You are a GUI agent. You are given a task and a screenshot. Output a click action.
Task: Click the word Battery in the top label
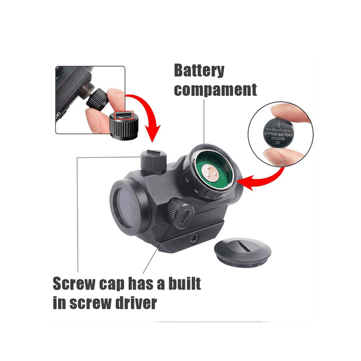pyautogui.click(x=200, y=71)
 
